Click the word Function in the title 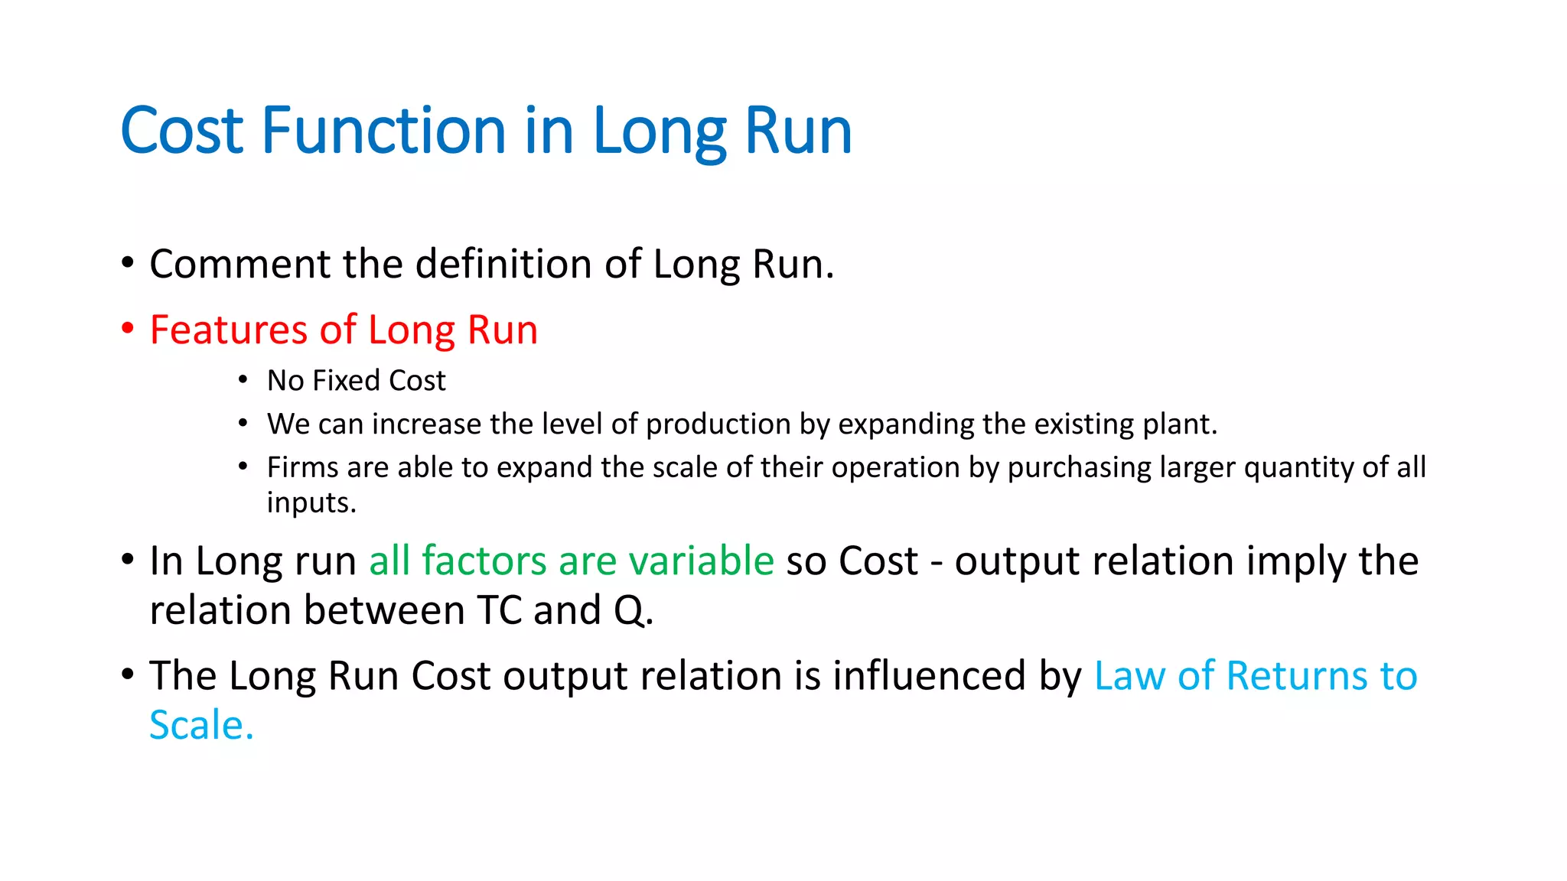pos(384,131)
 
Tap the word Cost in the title pos(181,131)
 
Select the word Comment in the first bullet pos(239,264)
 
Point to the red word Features pos(228,330)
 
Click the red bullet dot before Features pos(128,329)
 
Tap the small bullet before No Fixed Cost pos(243,380)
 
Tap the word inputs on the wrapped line pos(310,503)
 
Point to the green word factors pos(484,561)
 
